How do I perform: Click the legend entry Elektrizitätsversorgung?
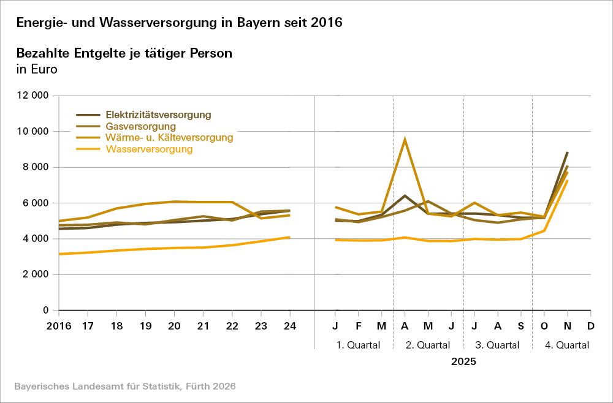point(158,115)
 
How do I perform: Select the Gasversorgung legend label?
point(136,126)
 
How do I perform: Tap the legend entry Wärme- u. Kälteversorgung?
point(169,138)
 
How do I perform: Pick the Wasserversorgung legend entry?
point(149,149)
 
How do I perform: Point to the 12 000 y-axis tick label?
point(32,96)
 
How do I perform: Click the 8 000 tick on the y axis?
point(36,167)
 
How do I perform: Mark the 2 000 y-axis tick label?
point(36,274)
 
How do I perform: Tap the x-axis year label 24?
point(290,325)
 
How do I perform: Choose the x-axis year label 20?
point(175,325)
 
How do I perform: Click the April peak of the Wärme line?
point(405,139)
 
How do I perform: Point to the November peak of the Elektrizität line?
point(568,152)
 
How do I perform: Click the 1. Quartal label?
point(358,345)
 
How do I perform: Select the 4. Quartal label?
point(567,345)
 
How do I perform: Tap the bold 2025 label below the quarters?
point(463,361)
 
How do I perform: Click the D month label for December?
point(590,325)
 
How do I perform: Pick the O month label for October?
point(544,325)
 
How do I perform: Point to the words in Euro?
point(36,69)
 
